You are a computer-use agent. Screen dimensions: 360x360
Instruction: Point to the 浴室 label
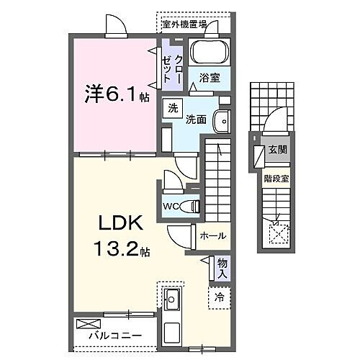(x=210, y=76)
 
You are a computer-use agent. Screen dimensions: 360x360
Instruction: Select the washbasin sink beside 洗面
(x=222, y=122)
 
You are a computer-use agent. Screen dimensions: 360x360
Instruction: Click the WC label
(x=171, y=206)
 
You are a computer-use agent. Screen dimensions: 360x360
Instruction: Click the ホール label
(x=212, y=235)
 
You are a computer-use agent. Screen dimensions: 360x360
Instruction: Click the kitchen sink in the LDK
(x=172, y=298)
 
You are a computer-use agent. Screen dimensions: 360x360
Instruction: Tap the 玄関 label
(x=278, y=150)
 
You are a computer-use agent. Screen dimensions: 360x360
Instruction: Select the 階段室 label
(x=277, y=174)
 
